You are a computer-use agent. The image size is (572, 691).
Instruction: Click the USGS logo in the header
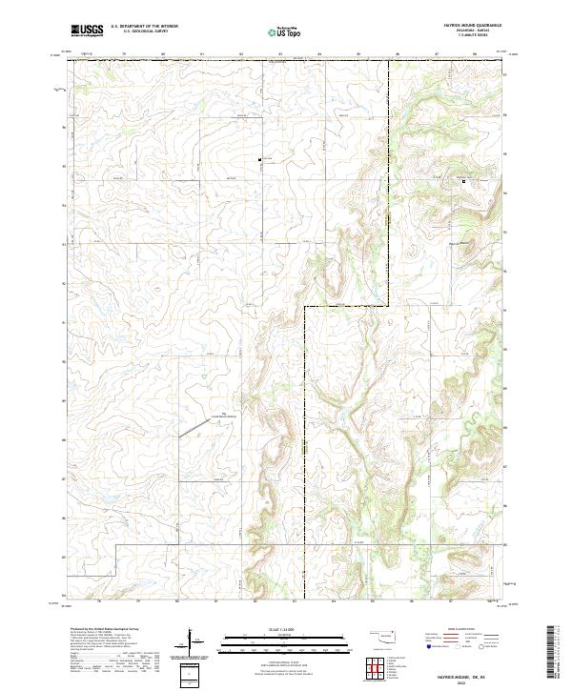[86, 30]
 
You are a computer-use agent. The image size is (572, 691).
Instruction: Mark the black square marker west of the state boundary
[259, 158]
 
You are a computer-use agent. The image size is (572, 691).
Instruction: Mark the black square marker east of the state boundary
[464, 182]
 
